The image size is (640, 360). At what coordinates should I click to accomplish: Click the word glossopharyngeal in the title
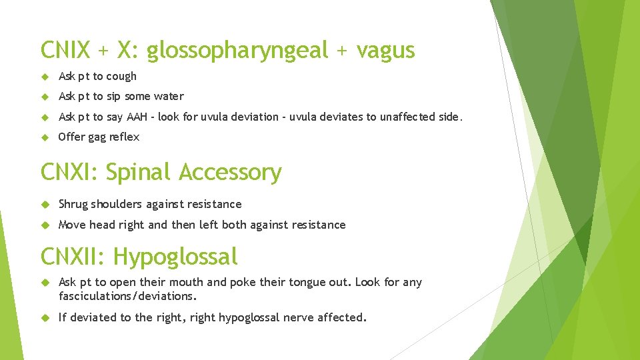(238, 51)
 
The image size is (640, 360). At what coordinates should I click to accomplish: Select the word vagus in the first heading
(386, 51)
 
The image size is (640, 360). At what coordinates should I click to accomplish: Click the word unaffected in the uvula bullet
(408, 117)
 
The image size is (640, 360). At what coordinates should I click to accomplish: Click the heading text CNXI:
(70, 172)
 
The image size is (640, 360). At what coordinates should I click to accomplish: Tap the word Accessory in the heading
(230, 172)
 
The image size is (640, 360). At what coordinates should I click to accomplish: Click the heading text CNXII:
(74, 256)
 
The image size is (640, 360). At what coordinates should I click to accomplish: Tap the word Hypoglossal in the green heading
(175, 256)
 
